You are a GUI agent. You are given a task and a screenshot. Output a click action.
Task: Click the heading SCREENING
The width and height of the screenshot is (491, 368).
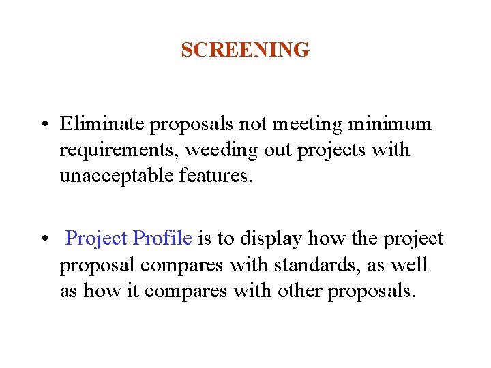[x=245, y=50]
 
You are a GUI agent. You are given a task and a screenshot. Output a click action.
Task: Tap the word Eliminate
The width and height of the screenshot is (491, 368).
[x=102, y=124]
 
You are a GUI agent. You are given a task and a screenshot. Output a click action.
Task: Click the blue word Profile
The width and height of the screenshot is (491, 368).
[x=162, y=239]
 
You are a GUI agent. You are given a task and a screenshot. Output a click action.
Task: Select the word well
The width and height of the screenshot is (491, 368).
[x=407, y=264]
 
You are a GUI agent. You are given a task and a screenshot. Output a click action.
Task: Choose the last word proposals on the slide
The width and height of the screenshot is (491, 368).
[x=370, y=291]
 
